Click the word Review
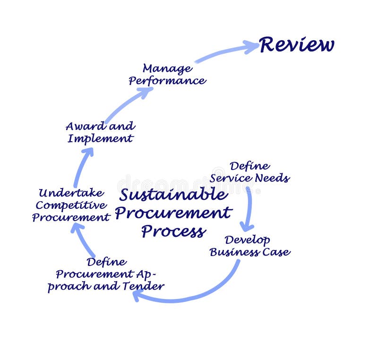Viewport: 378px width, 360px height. (x=297, y=45)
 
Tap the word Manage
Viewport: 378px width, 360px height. (x=167, y=69)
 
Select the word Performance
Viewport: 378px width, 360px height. (x=167, y=81)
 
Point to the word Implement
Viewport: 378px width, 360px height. (x=100, y=139)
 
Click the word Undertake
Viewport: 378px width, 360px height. (x=71, y=193)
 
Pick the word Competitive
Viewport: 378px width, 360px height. (x=71, y=205)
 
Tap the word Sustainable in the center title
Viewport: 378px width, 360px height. (x=173, y=195)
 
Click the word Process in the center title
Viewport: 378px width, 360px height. (x=173, y=231)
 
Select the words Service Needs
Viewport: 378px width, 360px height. (x=249, y=179)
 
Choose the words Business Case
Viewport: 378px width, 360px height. (x=249, y=252)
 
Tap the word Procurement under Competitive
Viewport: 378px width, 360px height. (x=71, y=217)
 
